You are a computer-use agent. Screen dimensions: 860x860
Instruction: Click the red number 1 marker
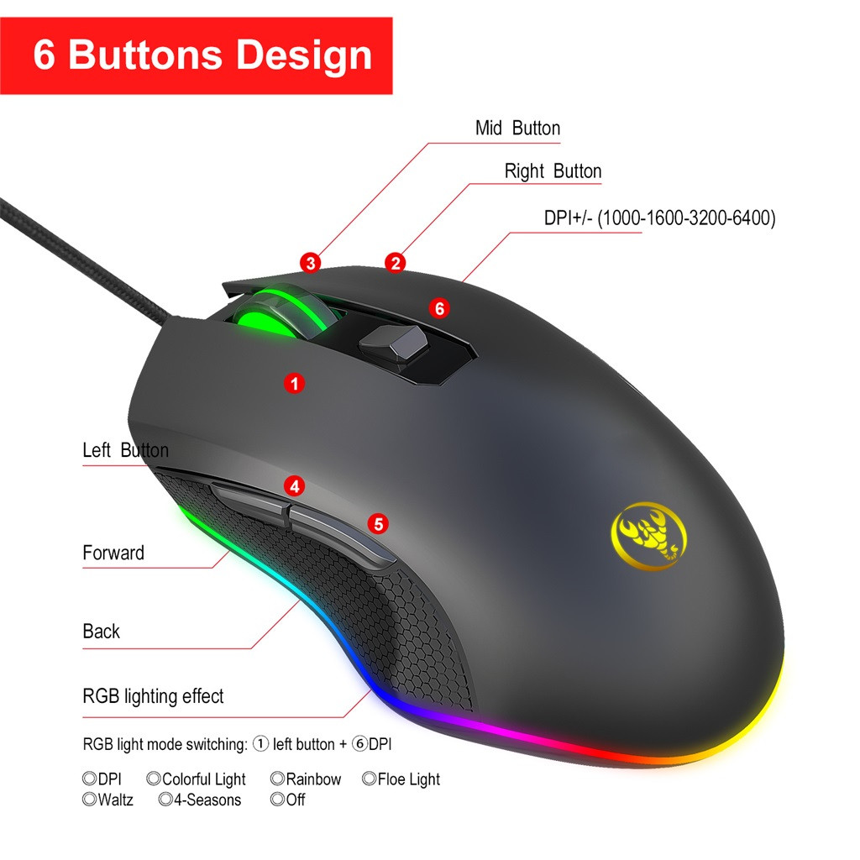[x=295, y=383]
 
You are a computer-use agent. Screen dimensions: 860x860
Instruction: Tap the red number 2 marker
[x=395, y=263]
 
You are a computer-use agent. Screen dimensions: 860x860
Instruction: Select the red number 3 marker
[x=311, y=263]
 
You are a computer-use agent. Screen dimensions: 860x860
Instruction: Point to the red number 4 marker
[x=295, y=486]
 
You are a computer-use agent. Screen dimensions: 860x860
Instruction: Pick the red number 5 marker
[x=378, y=524]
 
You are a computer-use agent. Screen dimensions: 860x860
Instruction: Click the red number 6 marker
[x=439, y=308]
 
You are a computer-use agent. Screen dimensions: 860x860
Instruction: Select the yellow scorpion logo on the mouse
[x=649, y=533]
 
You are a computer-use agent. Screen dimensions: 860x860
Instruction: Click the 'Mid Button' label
[x=517, y=128]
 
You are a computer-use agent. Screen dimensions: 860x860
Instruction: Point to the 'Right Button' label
[x=553, y=171]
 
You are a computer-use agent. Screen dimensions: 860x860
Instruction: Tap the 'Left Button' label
[x=126, y=450]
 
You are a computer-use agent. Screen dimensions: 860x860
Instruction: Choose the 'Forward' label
[x=113, y=553]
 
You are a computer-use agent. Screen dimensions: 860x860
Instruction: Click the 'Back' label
[x=101, y=632]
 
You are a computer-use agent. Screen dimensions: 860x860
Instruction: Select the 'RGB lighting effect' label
[x=153, y=696]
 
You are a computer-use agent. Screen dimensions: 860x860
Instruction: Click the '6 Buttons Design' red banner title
[x=202, y=55]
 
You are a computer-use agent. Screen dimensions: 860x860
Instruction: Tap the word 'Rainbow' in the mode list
[x=313, y=779]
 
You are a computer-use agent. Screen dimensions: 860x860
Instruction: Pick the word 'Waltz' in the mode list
[x=115, y=800]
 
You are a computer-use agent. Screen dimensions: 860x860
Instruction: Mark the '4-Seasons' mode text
[x=207, y=800]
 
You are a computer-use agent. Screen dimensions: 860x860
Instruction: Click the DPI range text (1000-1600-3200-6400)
[x=686, y=218]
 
